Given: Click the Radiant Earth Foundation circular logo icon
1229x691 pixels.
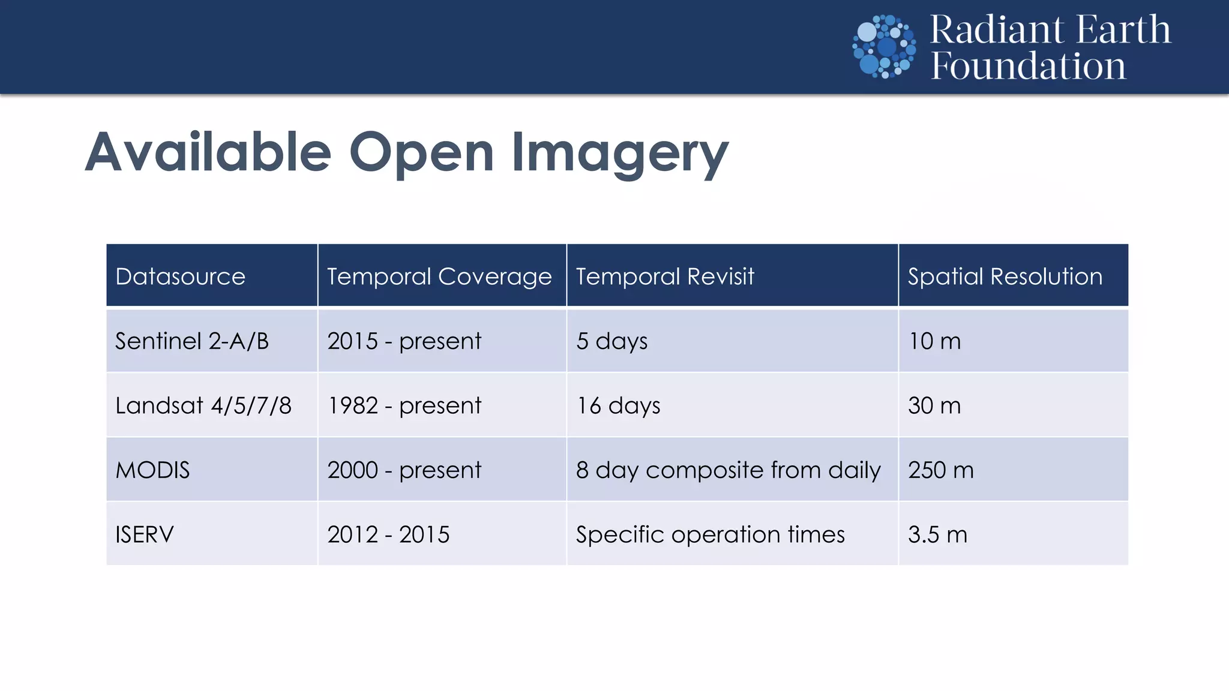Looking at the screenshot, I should tap(884, 47).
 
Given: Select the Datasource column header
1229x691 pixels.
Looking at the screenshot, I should tap(180, 277).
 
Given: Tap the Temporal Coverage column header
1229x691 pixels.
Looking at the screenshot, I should tap(439, 277).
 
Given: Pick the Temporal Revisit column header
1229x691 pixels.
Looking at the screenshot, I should tap(665, 277).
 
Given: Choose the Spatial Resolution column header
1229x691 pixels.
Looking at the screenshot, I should tap(1005, 277).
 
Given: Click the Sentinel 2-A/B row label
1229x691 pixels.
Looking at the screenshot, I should tap(192, 341).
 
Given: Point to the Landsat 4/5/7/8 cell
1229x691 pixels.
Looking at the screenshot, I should tap(203, 406).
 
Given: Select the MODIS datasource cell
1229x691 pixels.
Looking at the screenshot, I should tap(152, 470).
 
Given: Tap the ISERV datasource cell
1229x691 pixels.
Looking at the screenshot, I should tap(145, 534).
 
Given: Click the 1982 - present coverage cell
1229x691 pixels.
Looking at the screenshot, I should tap(404, 406).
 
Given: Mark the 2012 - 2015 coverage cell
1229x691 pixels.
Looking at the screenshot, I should tap(388, 534).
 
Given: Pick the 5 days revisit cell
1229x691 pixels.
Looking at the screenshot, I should tap(611, 341).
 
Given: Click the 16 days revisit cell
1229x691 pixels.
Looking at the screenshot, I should tap(618, 406).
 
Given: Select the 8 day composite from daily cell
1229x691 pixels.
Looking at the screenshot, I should tap(728, 470).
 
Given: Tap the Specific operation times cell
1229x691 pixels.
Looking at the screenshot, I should tap(710, 534).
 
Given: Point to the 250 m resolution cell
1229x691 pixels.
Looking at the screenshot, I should tap(940, 470).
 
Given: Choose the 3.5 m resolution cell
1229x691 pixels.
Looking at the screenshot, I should tap(937, 534).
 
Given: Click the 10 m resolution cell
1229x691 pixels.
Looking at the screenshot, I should tap(934, 341).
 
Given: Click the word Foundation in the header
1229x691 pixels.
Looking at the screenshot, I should tap(1028, 66).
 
